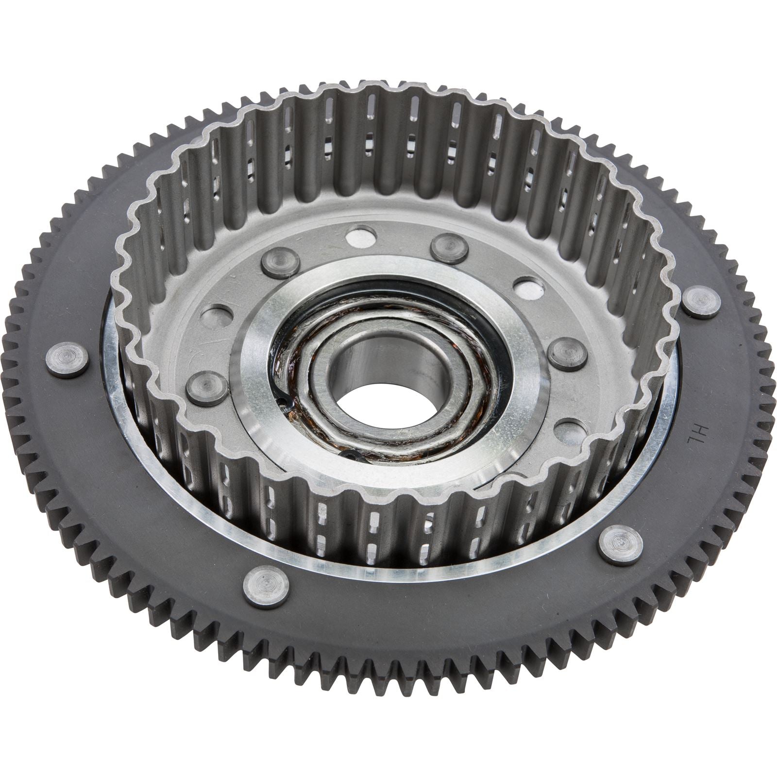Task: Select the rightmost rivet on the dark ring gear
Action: pos(701,302)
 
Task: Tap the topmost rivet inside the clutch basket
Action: pos(449,248)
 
